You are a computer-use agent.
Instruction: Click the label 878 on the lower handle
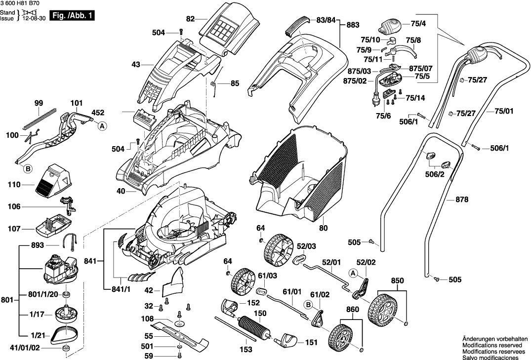(461, 200)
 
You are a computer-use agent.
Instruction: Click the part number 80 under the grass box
(324, 228)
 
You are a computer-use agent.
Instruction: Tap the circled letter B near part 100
(28, 169)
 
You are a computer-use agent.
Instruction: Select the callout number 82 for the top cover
(191, 19)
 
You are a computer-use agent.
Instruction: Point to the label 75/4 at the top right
(419, 23)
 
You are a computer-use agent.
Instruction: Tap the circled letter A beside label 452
(102, 126)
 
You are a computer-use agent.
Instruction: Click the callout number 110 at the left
(14, 185)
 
